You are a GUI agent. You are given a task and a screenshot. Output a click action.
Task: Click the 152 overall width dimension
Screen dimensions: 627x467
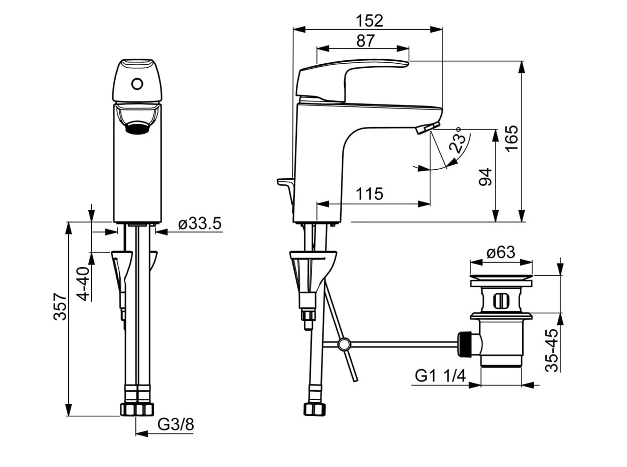tap(369, 21)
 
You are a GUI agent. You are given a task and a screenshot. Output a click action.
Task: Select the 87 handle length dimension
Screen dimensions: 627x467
tap(365, 41)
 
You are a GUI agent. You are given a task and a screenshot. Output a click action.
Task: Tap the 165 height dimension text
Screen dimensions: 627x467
tap(512, 139)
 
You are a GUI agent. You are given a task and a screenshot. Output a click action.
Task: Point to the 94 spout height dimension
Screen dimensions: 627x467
tap(486, 177)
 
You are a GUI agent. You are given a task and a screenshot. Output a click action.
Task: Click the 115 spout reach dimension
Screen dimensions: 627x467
tap(369, 194)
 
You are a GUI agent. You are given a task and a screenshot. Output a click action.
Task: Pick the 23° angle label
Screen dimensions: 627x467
tap(456, 141)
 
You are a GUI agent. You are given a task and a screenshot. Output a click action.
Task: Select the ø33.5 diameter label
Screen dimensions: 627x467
tap(200, 223)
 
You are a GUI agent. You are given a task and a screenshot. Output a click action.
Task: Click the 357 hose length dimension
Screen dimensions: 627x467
tap(60, 307)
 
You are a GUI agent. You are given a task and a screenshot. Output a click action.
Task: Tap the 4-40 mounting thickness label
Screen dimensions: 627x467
tap(83, 284)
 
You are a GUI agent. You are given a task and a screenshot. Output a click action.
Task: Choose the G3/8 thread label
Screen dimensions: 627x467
tap(176, 432)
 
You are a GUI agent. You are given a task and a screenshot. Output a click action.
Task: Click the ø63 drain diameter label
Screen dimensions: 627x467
tap(501, 252)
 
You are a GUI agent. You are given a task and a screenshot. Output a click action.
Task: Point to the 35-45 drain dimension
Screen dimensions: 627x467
tap(552, 351)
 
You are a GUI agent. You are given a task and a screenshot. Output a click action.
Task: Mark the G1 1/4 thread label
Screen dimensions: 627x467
tap(440, 376)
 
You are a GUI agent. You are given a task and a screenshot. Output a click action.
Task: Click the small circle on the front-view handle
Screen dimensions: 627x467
tap(137, 84)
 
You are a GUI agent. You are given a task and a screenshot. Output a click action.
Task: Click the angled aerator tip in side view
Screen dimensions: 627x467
tap(428, 128)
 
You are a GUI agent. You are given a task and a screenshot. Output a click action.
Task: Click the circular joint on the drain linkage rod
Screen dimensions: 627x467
tap(344, 344)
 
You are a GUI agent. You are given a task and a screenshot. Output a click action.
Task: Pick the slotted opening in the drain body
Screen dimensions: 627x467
tap(501, 301)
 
